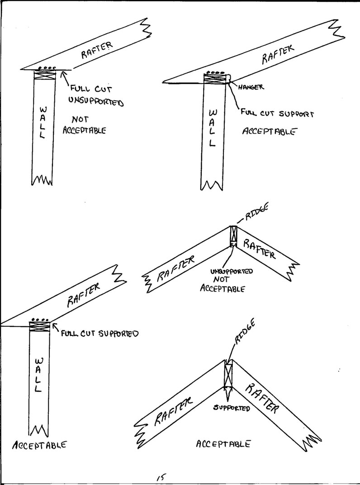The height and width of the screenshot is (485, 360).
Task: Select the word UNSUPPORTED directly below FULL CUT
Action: click(x=96, y=101)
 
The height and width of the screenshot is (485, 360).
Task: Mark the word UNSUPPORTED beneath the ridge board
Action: click(x=232, y=272)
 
